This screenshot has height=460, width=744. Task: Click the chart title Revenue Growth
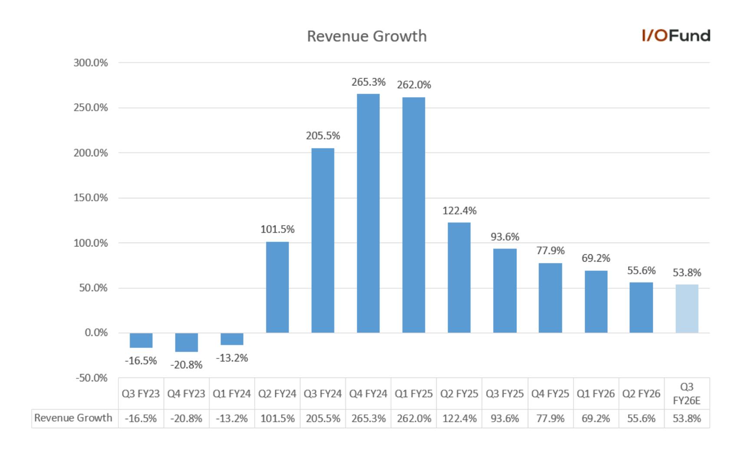pyautogui.click(x=367, y=36)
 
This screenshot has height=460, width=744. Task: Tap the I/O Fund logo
pyautogui.click(x=676, y=36)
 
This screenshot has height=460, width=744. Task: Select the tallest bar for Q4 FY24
pyautogui.click(x=369, y=213)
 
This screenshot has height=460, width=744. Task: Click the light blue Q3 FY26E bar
pyautogui.click(x=687, y=309)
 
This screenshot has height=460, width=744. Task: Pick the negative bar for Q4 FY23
pyautogui.click(x=187, y=342)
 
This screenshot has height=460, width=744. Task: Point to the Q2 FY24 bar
pyautogui.click(x=277, y=287)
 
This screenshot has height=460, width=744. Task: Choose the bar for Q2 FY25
pyautogui.click(x=459, y=278)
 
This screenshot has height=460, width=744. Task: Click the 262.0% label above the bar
pyautogui.click(x=414, y=85)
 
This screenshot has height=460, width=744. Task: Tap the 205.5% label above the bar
pyautogui.click(x=323, y=136)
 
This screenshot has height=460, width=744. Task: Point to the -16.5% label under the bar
pyautogui.click(x=141, y=361)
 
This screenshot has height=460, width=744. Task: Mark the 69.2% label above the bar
pyautogui.click(x=596, y=258)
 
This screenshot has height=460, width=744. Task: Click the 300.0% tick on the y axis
pyautogui.click(x=91, y=63)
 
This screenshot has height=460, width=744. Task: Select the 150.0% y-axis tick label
pyautogui.click(x=91, y=198)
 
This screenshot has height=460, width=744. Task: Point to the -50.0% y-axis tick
pyautogui.click(x=92, y=378)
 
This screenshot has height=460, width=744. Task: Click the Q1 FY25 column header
pyautogui.click(x=414, y=394)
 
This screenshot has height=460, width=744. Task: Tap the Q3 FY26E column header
pyautogui.click(x=687, y=394)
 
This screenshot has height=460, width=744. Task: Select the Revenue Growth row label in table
pyautogui.click(x=73, y=418)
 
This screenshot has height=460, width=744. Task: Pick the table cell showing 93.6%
pyautogui.click(x=505, y=418)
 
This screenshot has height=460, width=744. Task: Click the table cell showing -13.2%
pyautogui.click(x=232, y=418)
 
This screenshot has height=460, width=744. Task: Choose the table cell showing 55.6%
pyautogui.click(x=642, y=418)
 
